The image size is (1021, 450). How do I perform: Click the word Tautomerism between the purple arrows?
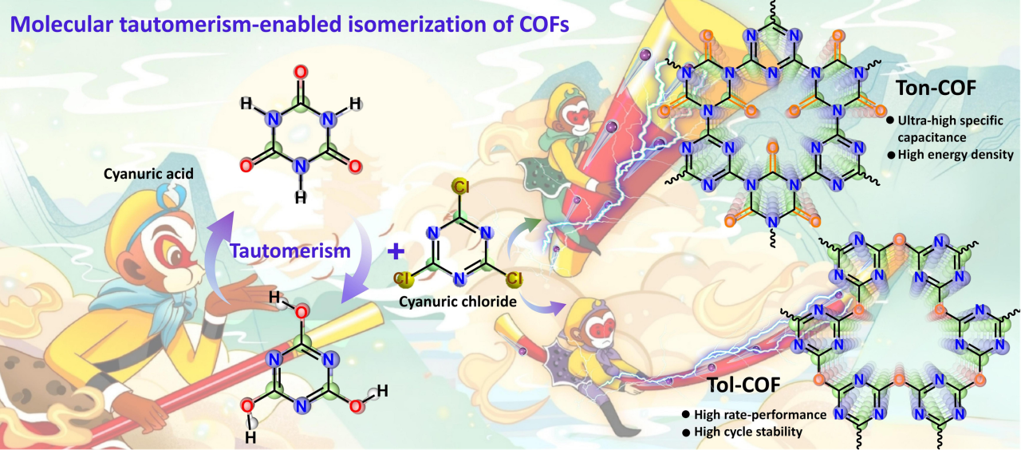[x=290, y=251]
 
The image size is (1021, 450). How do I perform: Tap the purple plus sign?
[x=394, y=252]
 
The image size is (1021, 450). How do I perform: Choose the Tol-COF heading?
[x=742, y=385]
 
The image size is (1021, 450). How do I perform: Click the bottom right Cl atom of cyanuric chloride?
[x=515, y=279]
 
